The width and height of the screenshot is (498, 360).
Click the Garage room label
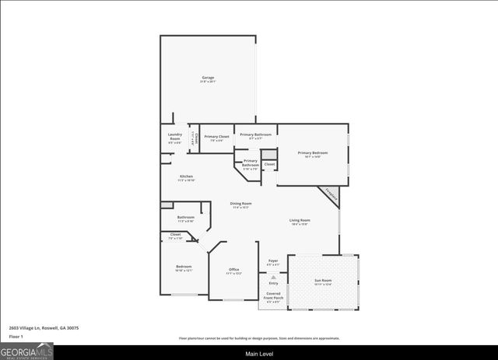coord(208,79)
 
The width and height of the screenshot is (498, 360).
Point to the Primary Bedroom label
coord(313,154)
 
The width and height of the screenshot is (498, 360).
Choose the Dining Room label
coord(240,205)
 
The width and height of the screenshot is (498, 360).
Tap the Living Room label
coord(300,222)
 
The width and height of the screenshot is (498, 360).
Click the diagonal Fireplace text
coord(331,194)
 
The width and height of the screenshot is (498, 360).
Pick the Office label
coord(233,271)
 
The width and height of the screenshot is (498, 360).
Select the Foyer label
coord(273,262)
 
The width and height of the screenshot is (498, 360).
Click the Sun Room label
coord(322,281)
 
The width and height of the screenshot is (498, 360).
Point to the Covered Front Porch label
coord(273,297)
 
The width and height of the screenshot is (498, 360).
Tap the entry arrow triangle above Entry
coord(273,276)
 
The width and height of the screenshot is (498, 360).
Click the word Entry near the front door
coord(273,283)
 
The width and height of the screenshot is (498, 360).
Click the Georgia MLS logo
coord(27,352)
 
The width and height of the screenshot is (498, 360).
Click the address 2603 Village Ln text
coord(44,328)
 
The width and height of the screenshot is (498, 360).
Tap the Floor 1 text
coord(16,337)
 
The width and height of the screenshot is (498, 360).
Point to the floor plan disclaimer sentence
coord(259,338)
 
